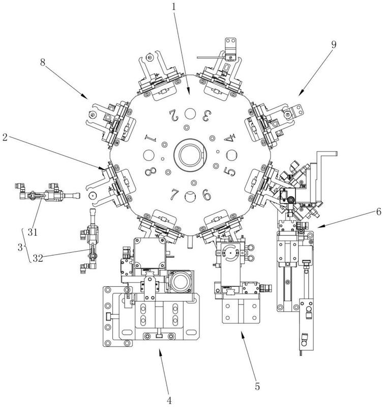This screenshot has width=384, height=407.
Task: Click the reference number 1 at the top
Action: [173, 7]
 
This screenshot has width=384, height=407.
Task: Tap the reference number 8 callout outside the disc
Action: [43, 62]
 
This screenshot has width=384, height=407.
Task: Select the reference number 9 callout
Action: [334, 45]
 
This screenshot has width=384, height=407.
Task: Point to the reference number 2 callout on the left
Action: [5, 138]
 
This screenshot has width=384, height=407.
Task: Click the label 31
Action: [33, 232]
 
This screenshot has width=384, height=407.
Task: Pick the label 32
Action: [38, 258]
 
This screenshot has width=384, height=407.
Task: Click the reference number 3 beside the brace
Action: [20, 248]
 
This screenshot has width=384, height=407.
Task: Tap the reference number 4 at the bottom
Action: [169, 400]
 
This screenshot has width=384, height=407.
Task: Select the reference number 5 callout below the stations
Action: [257, 387]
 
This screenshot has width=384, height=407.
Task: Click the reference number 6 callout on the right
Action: [378, 212]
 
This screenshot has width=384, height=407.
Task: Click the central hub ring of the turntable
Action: [190, 155]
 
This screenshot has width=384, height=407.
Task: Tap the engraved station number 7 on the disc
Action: [174, 195]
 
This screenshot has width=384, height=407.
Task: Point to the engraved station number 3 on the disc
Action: [206, 116]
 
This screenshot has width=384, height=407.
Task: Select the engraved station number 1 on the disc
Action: [151, 138]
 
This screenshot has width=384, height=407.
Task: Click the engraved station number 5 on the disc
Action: [229, 171]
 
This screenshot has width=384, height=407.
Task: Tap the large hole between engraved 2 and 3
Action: [190, 114]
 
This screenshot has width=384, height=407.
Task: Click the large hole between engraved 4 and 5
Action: [231, 155]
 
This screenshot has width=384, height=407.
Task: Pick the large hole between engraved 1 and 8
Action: [149, 155]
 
